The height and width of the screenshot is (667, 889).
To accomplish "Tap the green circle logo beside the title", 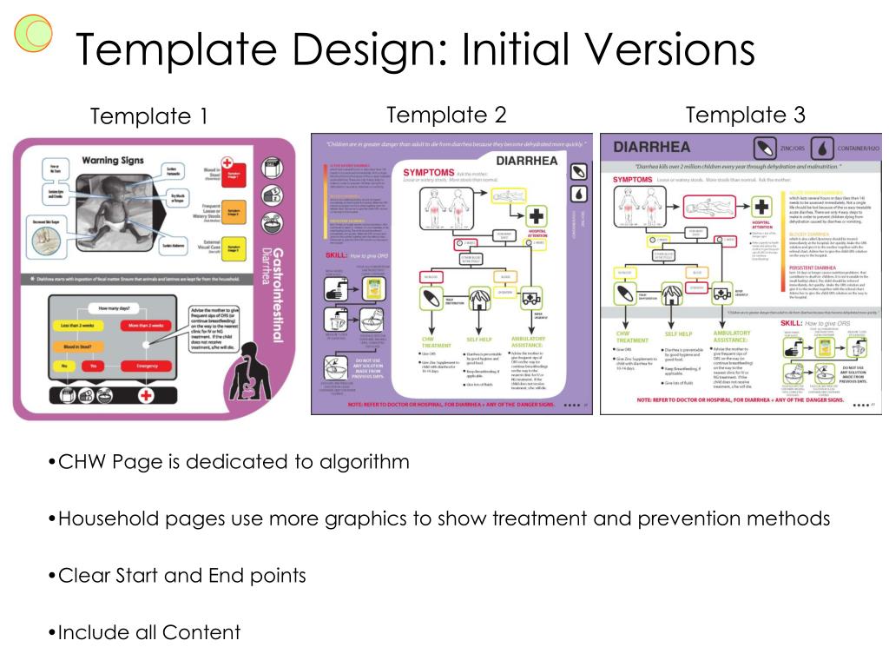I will (x=33, y=35).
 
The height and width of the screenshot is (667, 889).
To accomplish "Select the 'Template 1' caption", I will (x=148, y=116).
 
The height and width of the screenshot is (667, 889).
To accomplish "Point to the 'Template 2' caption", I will (x=445, y=115).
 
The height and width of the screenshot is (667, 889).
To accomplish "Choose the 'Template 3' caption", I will (x=745, y=115).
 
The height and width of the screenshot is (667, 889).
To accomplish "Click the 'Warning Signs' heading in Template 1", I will (x=112, y=160).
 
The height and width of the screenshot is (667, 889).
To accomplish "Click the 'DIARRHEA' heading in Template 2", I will (x=526, y=161).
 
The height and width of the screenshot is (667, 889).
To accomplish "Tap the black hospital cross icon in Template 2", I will (x=537, y=216).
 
